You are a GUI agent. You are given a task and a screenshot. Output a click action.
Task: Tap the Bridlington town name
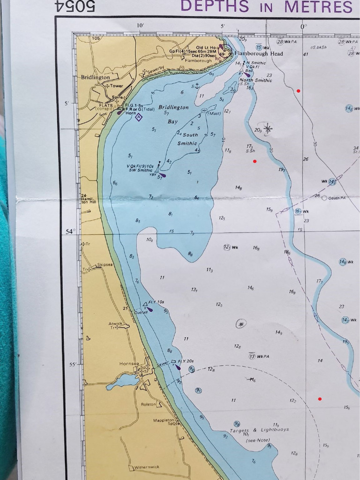point(95,77)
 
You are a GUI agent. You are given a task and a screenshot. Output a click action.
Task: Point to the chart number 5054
point(75,6)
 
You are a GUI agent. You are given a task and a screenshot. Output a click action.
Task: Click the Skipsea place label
point(105,265)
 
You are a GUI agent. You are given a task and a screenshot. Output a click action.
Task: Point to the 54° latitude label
point(70,232)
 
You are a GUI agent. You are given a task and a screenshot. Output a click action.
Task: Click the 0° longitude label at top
point(304,27)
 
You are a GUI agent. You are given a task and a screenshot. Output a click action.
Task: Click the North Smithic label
point(255,80)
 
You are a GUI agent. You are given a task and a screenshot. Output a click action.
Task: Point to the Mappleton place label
point(164,420)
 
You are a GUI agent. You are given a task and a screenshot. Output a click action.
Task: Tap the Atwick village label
point(115,323)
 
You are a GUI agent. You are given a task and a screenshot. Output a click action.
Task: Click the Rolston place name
point(148,404)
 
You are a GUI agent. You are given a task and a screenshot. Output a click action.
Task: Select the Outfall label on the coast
point(141,312)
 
